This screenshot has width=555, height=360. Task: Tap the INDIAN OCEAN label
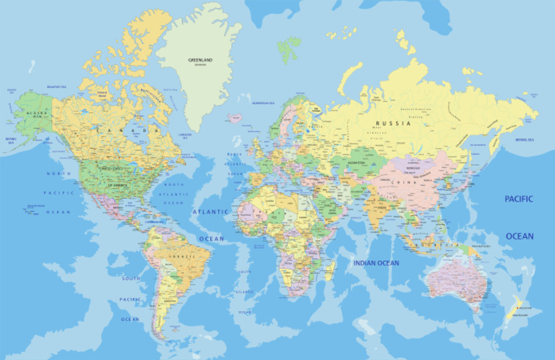pyautogui.click(x=376, y=262)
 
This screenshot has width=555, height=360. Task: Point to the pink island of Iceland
pyautogui.click(x=234, y=117)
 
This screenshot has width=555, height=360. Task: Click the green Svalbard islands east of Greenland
pyautogui.click(x=290, y=48)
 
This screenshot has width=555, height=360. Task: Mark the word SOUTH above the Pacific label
pyautogui.click(x=131, y=278)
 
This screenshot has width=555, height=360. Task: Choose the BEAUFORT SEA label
pyautogui.click(x=56, y=87)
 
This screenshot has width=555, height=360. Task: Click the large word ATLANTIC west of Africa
pyautogui.click(x=210, y=212)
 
